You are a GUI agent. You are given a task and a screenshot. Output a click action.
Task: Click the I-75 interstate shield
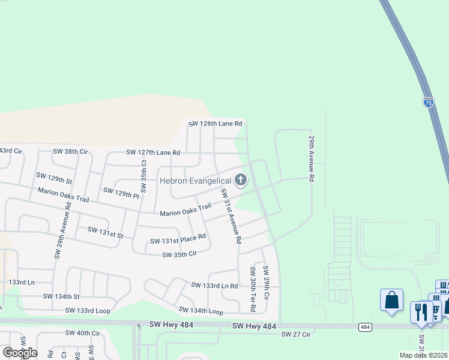click(x=428, y=102)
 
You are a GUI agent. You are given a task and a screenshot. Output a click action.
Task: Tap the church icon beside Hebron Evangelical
click(x=240, y=179)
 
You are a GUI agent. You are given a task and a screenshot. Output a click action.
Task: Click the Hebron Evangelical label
click(x=195, y=181)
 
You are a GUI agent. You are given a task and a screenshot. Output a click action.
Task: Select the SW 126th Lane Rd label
click(x=215, y=124)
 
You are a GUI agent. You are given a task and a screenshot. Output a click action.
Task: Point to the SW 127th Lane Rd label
click(x=153, y=152)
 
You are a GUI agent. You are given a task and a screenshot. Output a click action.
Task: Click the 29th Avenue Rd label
click(x=312, y=158)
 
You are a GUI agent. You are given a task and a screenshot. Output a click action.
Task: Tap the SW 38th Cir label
click(x=70, y=152)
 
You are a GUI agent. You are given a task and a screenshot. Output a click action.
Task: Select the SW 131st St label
click(x=105, y=232)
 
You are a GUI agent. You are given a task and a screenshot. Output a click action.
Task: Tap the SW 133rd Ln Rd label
click(x=214, y=285)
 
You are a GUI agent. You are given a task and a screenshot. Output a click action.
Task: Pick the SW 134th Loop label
click(x=200, y=311)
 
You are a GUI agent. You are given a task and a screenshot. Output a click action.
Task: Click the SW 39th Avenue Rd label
click(x=62, y=230)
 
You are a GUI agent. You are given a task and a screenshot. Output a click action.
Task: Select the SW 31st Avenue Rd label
click(x=231, y=215)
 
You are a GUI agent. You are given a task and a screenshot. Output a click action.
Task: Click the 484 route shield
click(x=364, y=326)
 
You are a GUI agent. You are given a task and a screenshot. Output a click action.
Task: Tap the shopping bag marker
click(x=391, y=300)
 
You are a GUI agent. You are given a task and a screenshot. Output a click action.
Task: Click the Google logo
click(x=20, y=352)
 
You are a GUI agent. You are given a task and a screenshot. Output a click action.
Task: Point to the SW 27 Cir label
click(x=297, y=334)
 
